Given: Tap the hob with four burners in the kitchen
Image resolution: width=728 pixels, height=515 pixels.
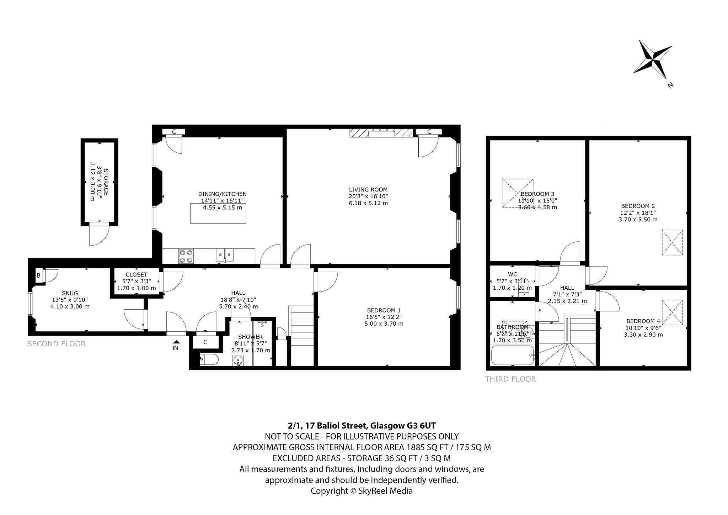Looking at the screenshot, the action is click(186, 256).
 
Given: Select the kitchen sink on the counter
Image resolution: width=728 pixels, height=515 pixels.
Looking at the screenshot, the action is click(225, 255).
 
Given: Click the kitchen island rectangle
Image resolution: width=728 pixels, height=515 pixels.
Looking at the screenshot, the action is click(218, 214).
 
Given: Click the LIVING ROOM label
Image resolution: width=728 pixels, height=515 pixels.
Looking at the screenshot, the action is click(368, 190).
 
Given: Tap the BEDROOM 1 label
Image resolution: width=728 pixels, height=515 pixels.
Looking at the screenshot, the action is click(384, 310).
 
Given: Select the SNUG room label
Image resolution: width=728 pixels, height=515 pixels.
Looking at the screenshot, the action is click(70, 293).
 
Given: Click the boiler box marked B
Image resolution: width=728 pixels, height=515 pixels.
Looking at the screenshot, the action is click(38, 275).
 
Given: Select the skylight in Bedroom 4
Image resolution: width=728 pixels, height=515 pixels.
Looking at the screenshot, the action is click(672, 312).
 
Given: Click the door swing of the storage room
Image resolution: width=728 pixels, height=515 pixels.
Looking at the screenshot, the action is click(99, 234).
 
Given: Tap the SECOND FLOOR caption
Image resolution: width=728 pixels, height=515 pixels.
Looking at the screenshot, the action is click(57, 344).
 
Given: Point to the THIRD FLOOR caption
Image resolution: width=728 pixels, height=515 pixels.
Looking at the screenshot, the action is click(510, 379).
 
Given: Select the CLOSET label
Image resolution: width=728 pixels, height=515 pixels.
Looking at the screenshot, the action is click(136, 274).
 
